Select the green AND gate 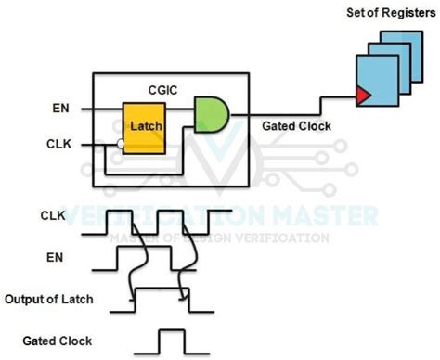(x=211, y=114)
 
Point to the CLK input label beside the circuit (x=58, y=145)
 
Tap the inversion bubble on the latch (x=121, y=145)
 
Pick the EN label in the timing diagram (x=56, y=252)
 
